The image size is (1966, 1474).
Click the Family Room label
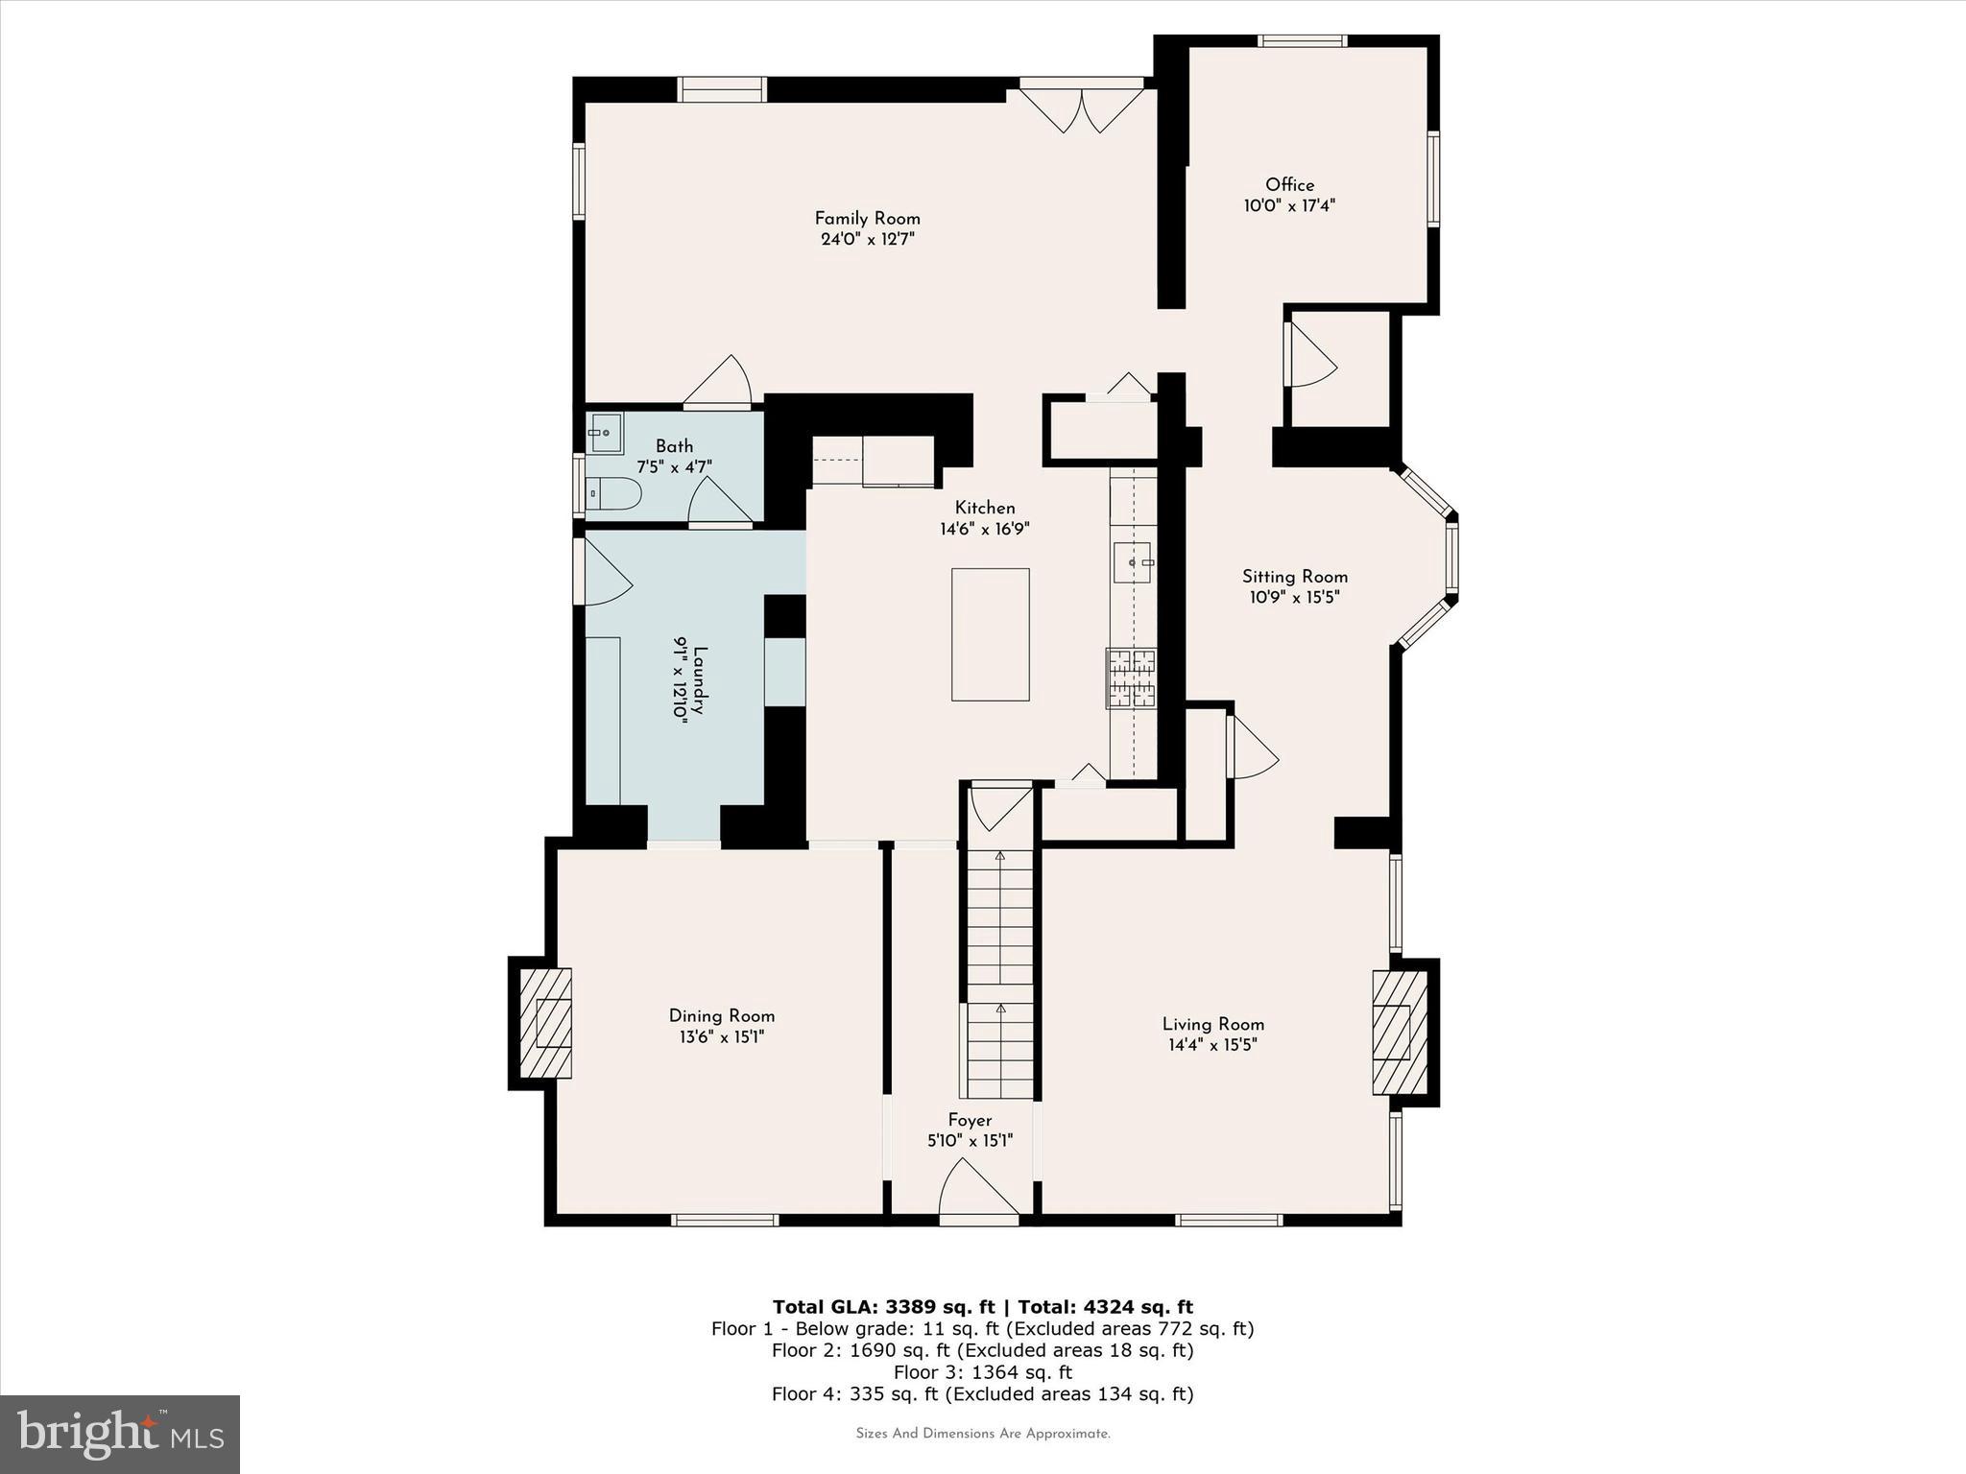(x=867, y=219)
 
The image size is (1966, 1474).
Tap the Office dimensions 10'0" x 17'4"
(x=1289, y=205)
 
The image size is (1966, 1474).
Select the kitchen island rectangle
(x=990, y=634)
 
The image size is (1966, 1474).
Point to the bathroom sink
(x=606, y=433)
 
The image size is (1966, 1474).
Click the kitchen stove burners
(x=1132, y=678)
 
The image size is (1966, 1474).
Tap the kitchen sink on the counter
(x=1132, y=562)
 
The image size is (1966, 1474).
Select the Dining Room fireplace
(x=545, y=1022)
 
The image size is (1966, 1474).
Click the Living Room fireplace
(x=1399, y=1032)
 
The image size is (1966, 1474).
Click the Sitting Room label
(x=1294, y=577)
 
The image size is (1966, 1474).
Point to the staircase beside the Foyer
(x=999, y=974)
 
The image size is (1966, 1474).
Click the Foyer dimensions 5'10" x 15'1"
(x=970, y=1141)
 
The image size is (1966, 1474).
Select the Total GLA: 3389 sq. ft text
(x=882, y=1306)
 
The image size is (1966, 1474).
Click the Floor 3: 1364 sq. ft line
(x=982, y=1372)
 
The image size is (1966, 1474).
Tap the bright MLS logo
(x=120, y=1435)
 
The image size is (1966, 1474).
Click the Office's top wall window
(x=1302, y=40)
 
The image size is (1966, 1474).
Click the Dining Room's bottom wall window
(x=724, y=1220)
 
